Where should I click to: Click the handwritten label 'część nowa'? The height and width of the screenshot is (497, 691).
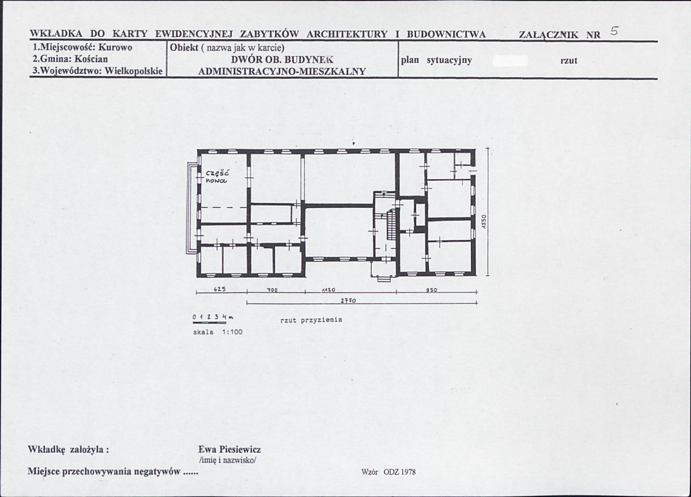click(217, 176)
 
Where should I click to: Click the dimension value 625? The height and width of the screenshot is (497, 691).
click(220, 289)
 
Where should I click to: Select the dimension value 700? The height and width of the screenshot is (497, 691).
click(272, 290)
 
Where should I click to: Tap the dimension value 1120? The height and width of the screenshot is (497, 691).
click(328, 290)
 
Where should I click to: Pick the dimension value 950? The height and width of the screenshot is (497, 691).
click(432, 290)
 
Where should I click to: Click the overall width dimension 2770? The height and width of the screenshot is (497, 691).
click(348, 301)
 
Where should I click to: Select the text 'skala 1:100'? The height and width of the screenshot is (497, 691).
click(218, 332)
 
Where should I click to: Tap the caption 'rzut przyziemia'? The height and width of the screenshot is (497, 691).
click(311, 320)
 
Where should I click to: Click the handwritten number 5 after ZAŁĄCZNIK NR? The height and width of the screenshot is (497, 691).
click(614, 31)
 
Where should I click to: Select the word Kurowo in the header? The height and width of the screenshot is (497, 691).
click(115, 47)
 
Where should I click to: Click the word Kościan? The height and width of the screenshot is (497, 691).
click(91, 59)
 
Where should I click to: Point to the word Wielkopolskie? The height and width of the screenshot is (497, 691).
click(134, 71)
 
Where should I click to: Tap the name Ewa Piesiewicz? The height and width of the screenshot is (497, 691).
click(229, 449)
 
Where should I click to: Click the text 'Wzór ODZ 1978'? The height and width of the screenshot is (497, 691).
click(388, 472)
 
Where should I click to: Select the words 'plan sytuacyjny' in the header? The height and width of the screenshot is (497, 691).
click(436, 60)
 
